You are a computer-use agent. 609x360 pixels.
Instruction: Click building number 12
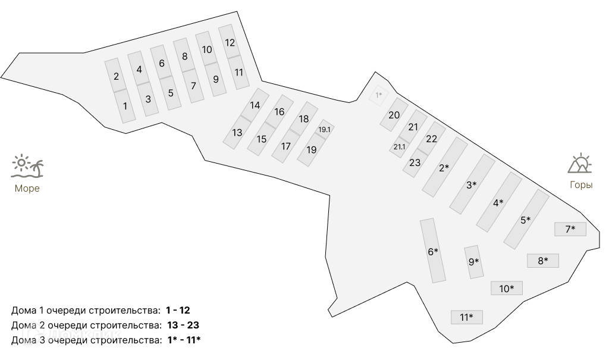coord(230,43)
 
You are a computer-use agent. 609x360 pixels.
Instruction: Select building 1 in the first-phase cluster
coord(125,107)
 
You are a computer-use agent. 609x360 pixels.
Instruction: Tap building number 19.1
coord(324,129)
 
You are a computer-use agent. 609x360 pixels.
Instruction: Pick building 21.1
coord(399,147)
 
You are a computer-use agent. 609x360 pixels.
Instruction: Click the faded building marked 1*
coord(378,95)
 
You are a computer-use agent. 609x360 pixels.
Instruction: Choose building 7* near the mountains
coord(570,228)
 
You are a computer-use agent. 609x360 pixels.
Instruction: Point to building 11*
coord(467,317)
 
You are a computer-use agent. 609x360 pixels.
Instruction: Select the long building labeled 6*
coord(433,251)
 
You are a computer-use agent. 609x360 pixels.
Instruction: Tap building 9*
coord(473,262)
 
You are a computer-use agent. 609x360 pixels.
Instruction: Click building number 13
coord(237,133)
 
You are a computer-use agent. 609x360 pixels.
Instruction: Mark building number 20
coord(394,115)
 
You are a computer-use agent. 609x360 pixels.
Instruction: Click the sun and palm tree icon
coord(27,167)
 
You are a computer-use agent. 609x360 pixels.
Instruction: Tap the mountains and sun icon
coord(580,163)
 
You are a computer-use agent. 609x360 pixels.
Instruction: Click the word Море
coord(27,189)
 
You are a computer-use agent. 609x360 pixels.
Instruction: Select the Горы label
coord(581,185)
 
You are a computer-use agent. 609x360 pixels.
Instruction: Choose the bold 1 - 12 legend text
coord(178,310)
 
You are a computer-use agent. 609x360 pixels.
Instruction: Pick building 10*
coord(507,289)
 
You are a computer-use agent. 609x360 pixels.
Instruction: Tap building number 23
coord(415,162)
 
